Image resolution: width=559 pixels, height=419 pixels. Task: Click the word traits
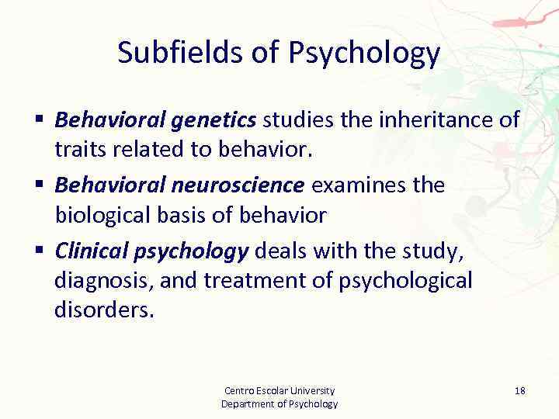(x=79, y=150)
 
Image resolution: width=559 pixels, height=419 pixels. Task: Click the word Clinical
(x=94, y=251)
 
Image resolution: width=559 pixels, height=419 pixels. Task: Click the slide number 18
(x=519, y=390)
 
